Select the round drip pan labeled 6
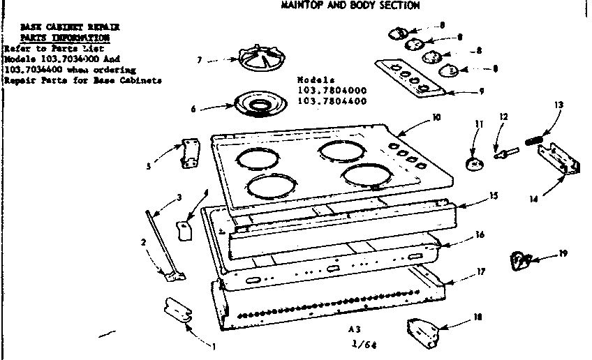pos(261,105)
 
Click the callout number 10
pos(436,118)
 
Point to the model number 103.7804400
pos(332,101)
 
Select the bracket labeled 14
pos(562,160)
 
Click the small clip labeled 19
pos(519,260)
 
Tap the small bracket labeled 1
pos(177,310)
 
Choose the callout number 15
pos(494,196)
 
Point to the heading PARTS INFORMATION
pos(64,37)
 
